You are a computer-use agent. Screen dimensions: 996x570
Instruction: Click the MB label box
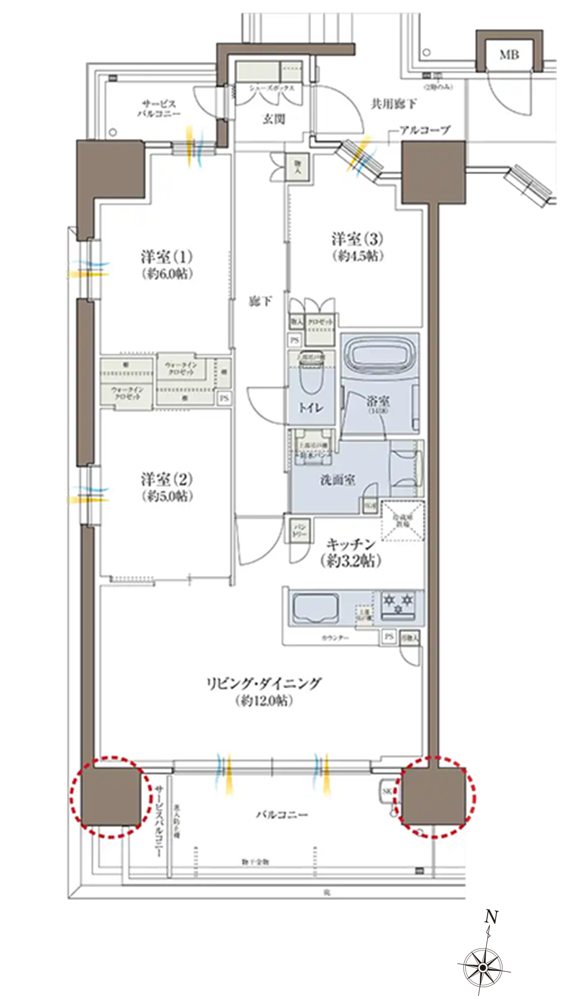[x=509, y=54]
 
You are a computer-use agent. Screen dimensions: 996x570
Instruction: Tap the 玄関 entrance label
[x=273, y=119]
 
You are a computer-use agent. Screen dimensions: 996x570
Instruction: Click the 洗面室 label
[x=337, y=479]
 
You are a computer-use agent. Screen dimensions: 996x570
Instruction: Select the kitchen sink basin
[x=315, y=608]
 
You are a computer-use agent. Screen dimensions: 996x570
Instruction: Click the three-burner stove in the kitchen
[x=398, y=605]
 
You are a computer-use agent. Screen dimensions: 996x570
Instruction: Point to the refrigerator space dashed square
[x=402, y=520]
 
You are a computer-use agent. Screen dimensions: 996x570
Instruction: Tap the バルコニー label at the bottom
[x=282, y=815]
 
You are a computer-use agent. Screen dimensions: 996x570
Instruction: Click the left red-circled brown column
[x=111, y=796]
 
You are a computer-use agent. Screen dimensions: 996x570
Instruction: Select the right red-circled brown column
[x=432, y=796]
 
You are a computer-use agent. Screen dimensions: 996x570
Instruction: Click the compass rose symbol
[x=483, y=966]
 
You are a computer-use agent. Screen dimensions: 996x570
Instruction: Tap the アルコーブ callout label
[x=424, y=130]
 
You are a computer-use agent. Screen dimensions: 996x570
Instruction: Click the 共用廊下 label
[x=394, y=104]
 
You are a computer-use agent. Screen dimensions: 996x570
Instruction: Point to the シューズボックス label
[x=271, y=88]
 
